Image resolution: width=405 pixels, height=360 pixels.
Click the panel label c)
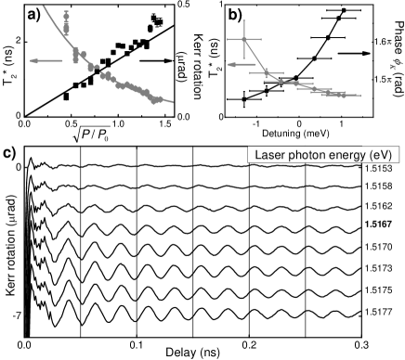tap(9, 154)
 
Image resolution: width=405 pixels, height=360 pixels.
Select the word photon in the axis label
tap(307, 155)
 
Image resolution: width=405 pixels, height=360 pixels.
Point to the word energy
tap(351, 155)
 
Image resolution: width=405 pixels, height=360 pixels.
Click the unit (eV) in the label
tap(383, 155)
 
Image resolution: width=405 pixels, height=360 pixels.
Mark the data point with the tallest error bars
tap(245, 39)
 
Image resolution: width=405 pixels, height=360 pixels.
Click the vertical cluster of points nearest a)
tap(66, 19)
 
